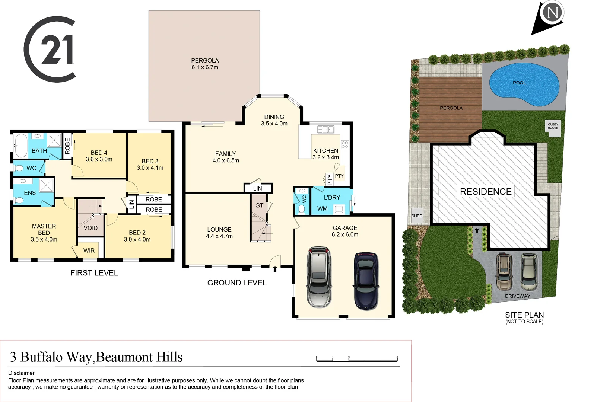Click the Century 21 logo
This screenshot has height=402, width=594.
[x=50, y=49]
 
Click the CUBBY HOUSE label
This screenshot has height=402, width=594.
[x=553, y=126]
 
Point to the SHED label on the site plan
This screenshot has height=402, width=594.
[x=417, y=216]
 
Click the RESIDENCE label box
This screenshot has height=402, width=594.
[x=486, y=192]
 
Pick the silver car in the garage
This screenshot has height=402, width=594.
[x=319, y=277]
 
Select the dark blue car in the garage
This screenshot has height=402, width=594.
[x=366, y=281]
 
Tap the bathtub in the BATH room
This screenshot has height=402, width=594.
[x=20, y=145]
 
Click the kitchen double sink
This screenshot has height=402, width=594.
[x=325, y=130]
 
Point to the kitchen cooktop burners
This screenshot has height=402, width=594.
[x=345, y=144]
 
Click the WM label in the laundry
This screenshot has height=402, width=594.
[x=323, y=209]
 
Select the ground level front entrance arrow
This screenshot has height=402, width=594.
[x=275, y=269]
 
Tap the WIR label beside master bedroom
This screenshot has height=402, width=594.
[x=89, y=251]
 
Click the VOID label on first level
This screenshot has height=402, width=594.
[x=90, y=228]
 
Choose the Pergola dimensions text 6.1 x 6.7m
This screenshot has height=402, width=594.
[x=205, y=67]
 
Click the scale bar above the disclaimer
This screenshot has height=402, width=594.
[x=357, y=360]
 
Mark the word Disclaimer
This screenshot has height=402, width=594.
[x=21, y=373]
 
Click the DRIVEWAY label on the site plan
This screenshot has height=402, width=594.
[x=517, y=296]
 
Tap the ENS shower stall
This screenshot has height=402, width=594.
[x=47, y=185]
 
